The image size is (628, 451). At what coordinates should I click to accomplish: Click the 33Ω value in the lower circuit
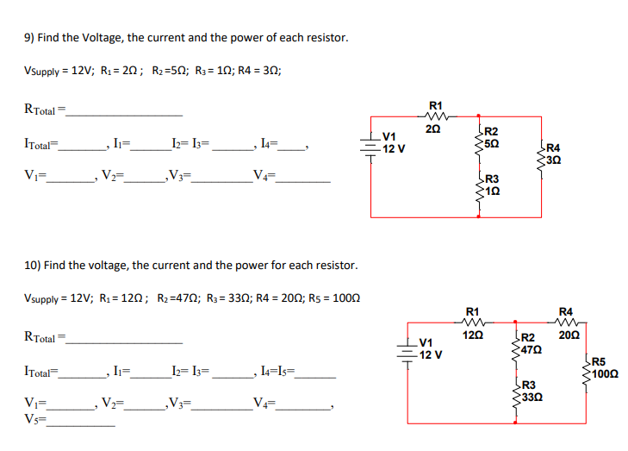pyautogui.click(x=531, y=398)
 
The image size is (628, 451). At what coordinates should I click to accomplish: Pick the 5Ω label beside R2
pyautogui.click(x=492, y=141)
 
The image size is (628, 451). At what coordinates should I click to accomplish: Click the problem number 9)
pyautogui.click(x=28, y=38)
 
